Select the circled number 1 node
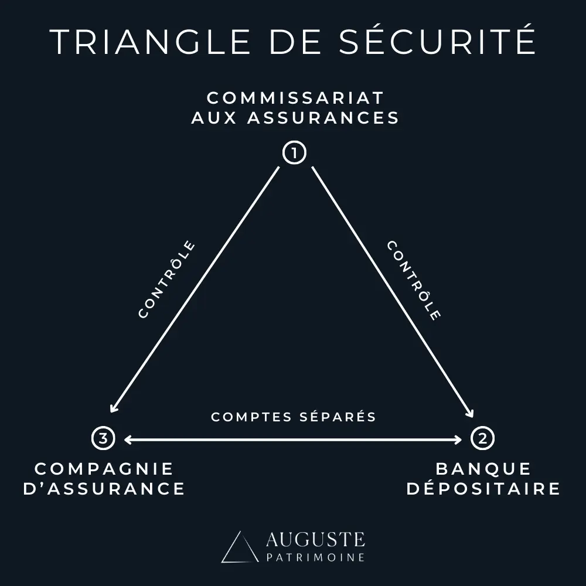[294, 154]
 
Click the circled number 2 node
[482, 438]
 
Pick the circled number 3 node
[103, 438]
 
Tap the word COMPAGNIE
[104, 469]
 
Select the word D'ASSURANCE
[104, 489]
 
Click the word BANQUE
[483, 469]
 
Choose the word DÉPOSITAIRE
[483, 489]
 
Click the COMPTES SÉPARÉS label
[293, 417]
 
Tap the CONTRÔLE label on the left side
[166, 280]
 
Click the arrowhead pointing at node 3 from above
[114, 410]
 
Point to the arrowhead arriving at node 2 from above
[471, 414]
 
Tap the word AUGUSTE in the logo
[315, 539]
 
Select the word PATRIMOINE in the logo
[315, 557]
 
